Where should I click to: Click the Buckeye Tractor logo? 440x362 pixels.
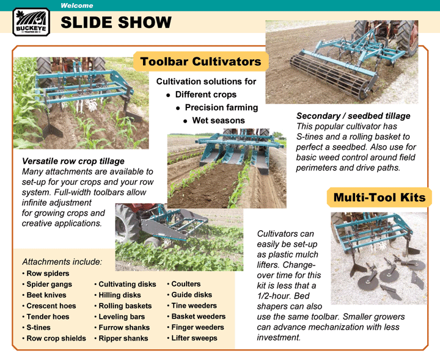pos(31,22)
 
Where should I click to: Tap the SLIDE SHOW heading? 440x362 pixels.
pos(116,23)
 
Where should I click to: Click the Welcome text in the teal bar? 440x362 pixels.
pos(76,5)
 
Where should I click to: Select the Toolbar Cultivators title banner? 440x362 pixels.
pos(200,62)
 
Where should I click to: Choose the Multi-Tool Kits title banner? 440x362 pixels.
pos(380,197)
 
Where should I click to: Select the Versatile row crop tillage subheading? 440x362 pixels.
pos(73,161)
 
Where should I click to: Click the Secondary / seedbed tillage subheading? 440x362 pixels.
pos(353,116)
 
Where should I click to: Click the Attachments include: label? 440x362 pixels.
pos(62,262)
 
